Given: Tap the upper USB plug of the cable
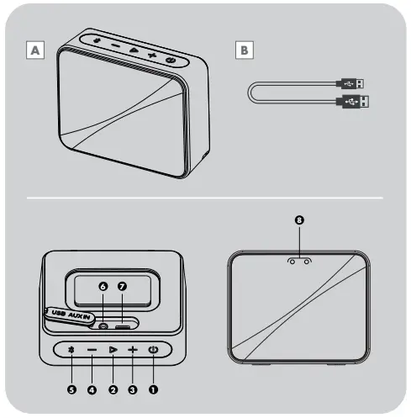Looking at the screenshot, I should click(x=353, y=83).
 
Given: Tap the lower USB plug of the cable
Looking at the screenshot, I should click(x=353, y=102).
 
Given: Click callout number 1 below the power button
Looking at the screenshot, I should click(x=153, y=389).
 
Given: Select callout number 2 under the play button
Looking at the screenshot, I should click(x=112, y=389).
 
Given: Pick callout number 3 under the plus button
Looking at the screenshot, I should click(x=132, y=389).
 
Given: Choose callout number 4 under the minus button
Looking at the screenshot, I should click(x=91, y=389).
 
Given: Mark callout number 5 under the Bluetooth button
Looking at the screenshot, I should click(x=71, y=389).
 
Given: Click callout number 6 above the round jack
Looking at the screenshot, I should click(x=103, y=287).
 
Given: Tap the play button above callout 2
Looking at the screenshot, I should click(x=112, y=350).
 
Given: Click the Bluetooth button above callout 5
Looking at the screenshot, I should click(x=71, y=350).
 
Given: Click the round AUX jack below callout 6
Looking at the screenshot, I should click(x=103, y=325).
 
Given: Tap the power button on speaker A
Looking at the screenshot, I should click(x=171, y=61).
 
